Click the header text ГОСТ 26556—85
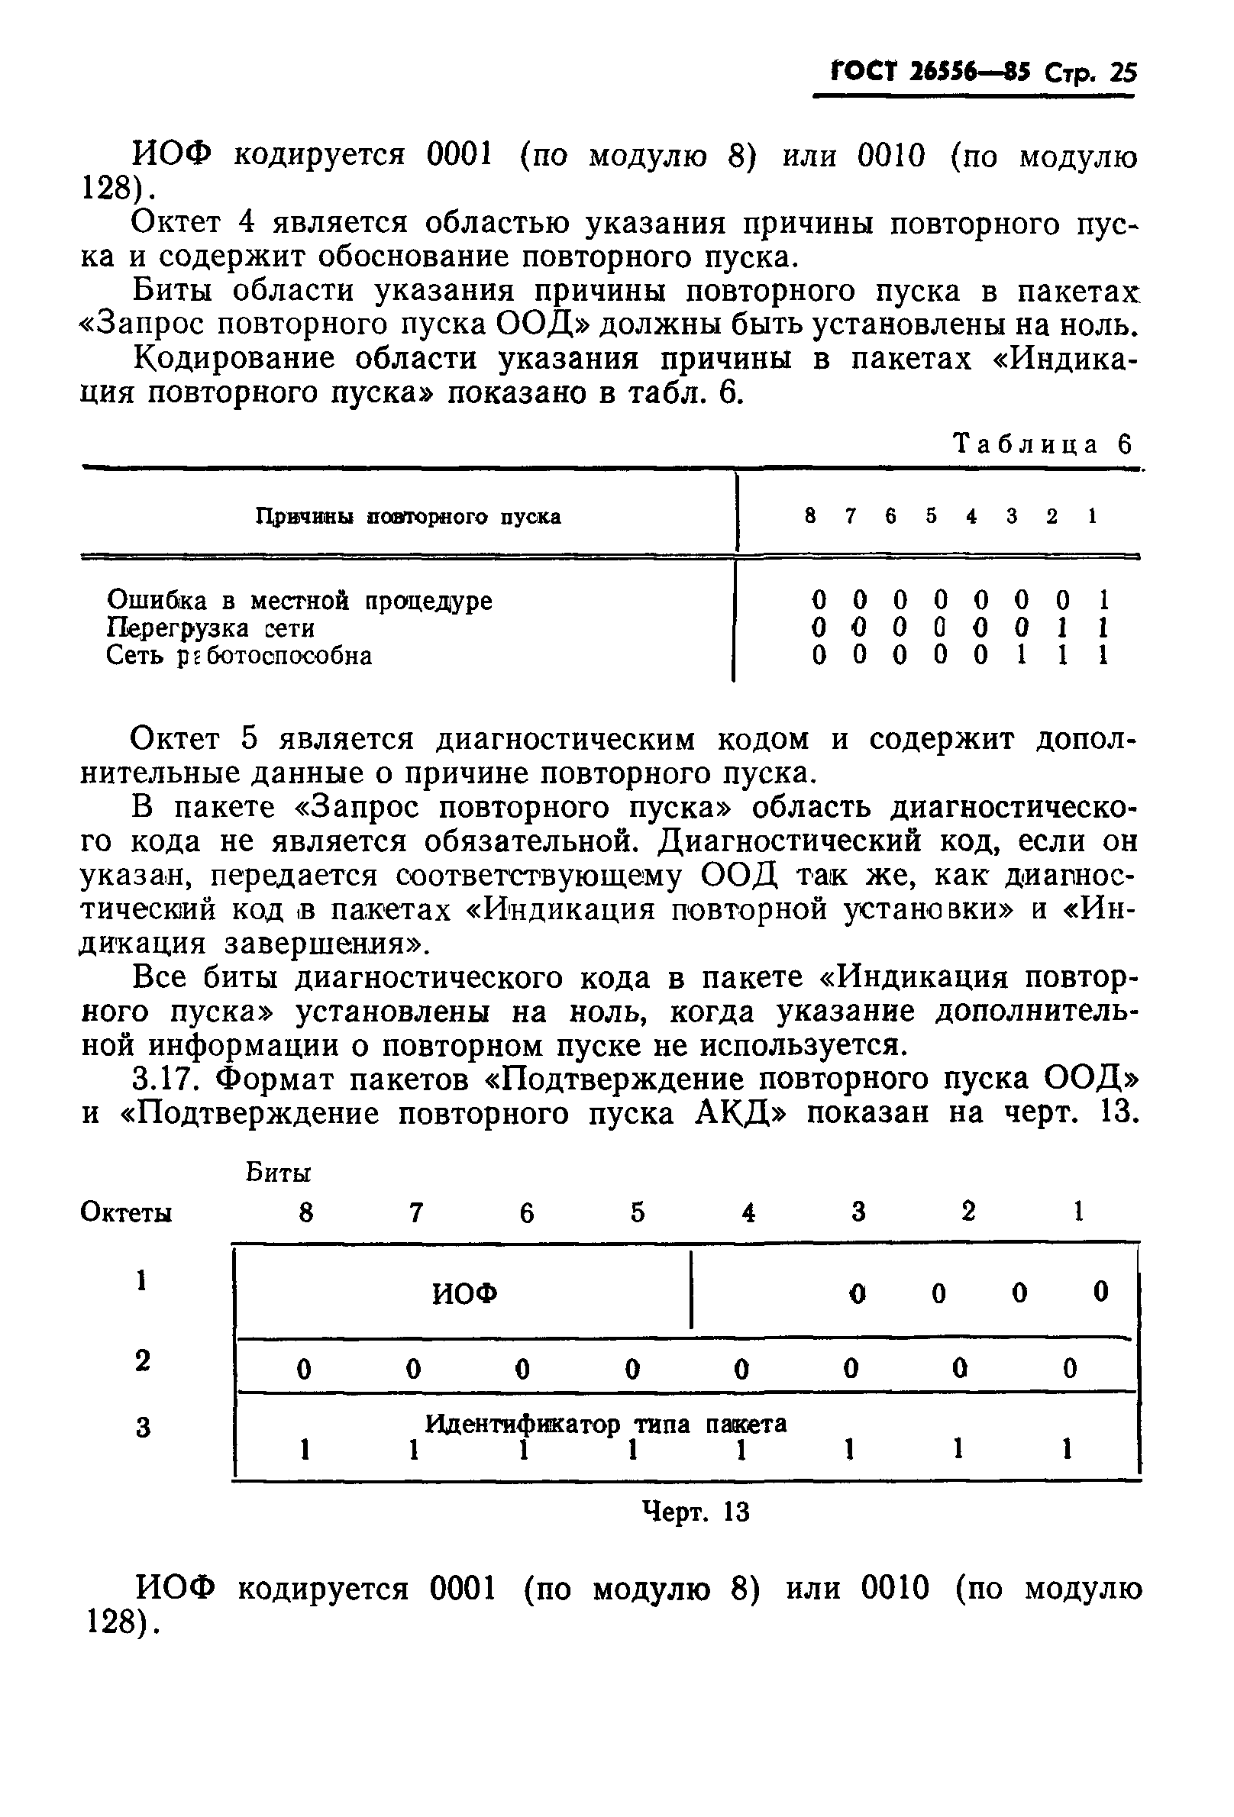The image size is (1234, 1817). point(931,73)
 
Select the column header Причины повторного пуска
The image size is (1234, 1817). point(409,517)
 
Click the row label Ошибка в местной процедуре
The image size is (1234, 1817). point(299,601)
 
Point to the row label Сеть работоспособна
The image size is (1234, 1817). point(238,655)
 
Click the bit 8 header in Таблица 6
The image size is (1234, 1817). point(811,516)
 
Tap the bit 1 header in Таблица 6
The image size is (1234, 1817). point(1092,516)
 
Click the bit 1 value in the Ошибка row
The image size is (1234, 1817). point(1103,601)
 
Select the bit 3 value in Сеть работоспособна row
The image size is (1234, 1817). point(1021,655)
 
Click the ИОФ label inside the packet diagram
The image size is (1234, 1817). point(464,1295)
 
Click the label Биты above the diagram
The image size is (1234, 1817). point(279,1173)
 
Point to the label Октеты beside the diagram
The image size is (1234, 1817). point(126,1212)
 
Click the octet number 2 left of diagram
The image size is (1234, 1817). point(142,1360)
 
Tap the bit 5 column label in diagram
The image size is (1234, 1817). point(638,1212)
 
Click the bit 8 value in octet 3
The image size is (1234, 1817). point(305,1451)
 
